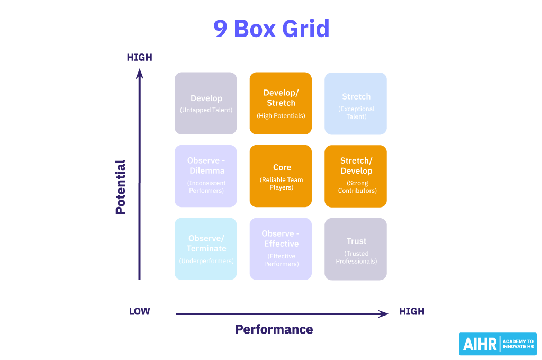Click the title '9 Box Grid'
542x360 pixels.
tap(271, 28)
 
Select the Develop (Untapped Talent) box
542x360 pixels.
tap(206, 103)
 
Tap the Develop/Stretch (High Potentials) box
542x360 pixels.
tap(281, 103)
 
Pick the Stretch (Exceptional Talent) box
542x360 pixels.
tap(356, 103)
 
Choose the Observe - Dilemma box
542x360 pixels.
tap(206, 176)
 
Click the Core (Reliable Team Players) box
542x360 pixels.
tap(281, 176)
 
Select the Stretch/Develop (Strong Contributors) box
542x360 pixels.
tap(356, 176)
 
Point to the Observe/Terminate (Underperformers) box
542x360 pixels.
tap(206, 249)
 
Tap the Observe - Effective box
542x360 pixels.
tap(281, 249)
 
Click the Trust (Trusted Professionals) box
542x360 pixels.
tap(356, 249)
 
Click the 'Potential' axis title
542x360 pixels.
tap(121, 187)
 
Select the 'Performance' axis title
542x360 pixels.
tap(274, 329)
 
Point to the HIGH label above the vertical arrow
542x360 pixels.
tap(140, 57)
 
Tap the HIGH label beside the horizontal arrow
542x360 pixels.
tap(412, 311)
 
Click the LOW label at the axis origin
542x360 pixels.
tap(140, 311)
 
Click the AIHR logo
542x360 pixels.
tap(498, 344)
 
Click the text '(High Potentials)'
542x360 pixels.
tap(281, 116)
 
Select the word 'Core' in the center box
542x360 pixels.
tap(282, 167)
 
